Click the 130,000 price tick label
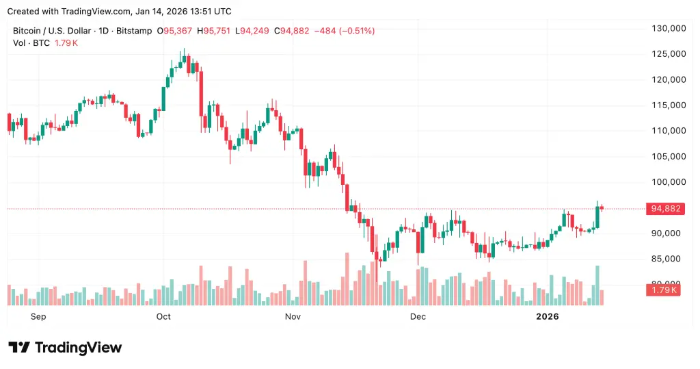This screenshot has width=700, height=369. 667,28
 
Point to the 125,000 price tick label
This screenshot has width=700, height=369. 667,54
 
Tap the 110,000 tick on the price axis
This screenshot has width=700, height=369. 667,131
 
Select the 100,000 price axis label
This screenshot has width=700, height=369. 667,182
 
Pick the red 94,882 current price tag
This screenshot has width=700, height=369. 664,209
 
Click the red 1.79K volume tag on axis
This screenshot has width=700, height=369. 662,290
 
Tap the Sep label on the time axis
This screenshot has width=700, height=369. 39,316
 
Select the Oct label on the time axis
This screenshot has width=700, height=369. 163,316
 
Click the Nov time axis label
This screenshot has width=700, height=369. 293,316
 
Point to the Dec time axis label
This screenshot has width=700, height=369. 418,316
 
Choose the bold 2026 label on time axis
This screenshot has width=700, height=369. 548,316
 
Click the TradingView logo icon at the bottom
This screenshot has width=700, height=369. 19,348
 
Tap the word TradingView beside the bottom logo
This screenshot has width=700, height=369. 78,348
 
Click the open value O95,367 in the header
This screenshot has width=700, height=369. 175,31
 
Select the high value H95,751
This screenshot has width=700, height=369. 215,31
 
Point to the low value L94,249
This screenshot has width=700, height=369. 254,31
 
